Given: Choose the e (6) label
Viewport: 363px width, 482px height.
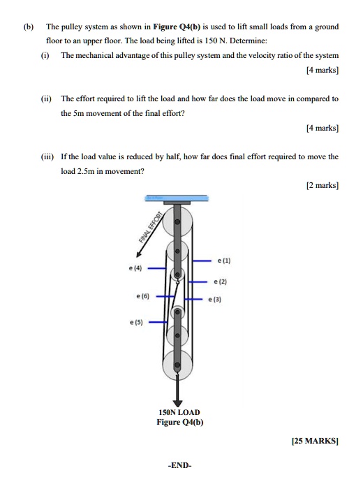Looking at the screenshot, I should click(x=142, y=296).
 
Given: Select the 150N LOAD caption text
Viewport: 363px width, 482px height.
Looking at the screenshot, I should click(x=179, y=413).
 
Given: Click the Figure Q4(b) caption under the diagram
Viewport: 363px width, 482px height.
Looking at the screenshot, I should click(x=179, y=423).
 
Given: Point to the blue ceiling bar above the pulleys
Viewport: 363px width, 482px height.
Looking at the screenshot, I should click(x=177, y=198).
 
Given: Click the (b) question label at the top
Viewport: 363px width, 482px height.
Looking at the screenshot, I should click(x=28, y=27).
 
